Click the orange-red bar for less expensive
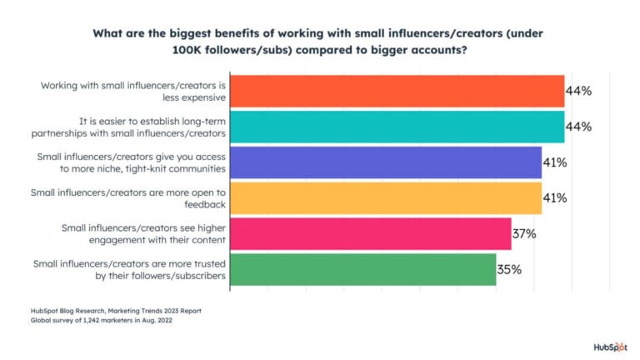coord(397,91)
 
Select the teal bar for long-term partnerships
coord(397,127)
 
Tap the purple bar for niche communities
coord(385,162)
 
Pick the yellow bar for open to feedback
coord(385,197)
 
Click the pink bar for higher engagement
coord(370,233)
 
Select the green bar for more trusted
coord(362,269)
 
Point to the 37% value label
coord(524,233)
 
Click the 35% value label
coord(509,269)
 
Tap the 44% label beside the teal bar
coord(578,127)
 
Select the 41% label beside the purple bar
coord(555,162)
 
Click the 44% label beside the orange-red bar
coord(578,91)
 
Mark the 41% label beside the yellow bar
coord(555,197)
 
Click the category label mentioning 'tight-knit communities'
coord(132,162)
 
